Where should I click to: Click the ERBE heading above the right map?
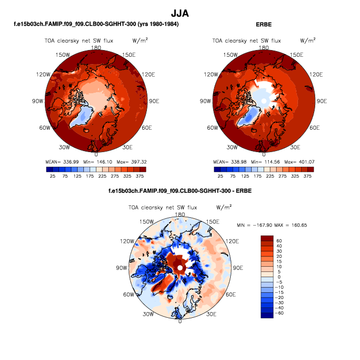tap(264, 24)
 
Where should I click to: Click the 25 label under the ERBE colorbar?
tap(220, 177)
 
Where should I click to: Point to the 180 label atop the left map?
tap(96, 47)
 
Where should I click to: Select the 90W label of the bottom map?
tap(121, 268)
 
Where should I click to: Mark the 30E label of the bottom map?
tap(212, 314)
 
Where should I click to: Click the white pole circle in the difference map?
tap(180, 267)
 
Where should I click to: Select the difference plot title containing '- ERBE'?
tap(180, 191)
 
